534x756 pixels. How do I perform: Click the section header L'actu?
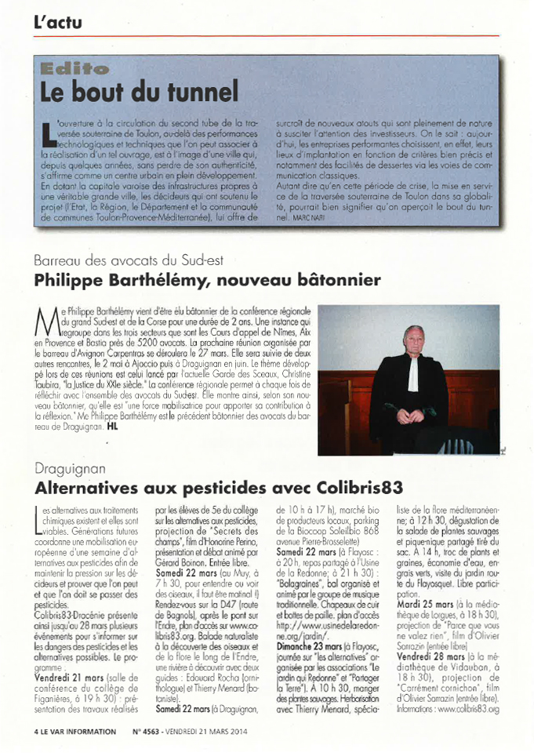click(x=58, y=22)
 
